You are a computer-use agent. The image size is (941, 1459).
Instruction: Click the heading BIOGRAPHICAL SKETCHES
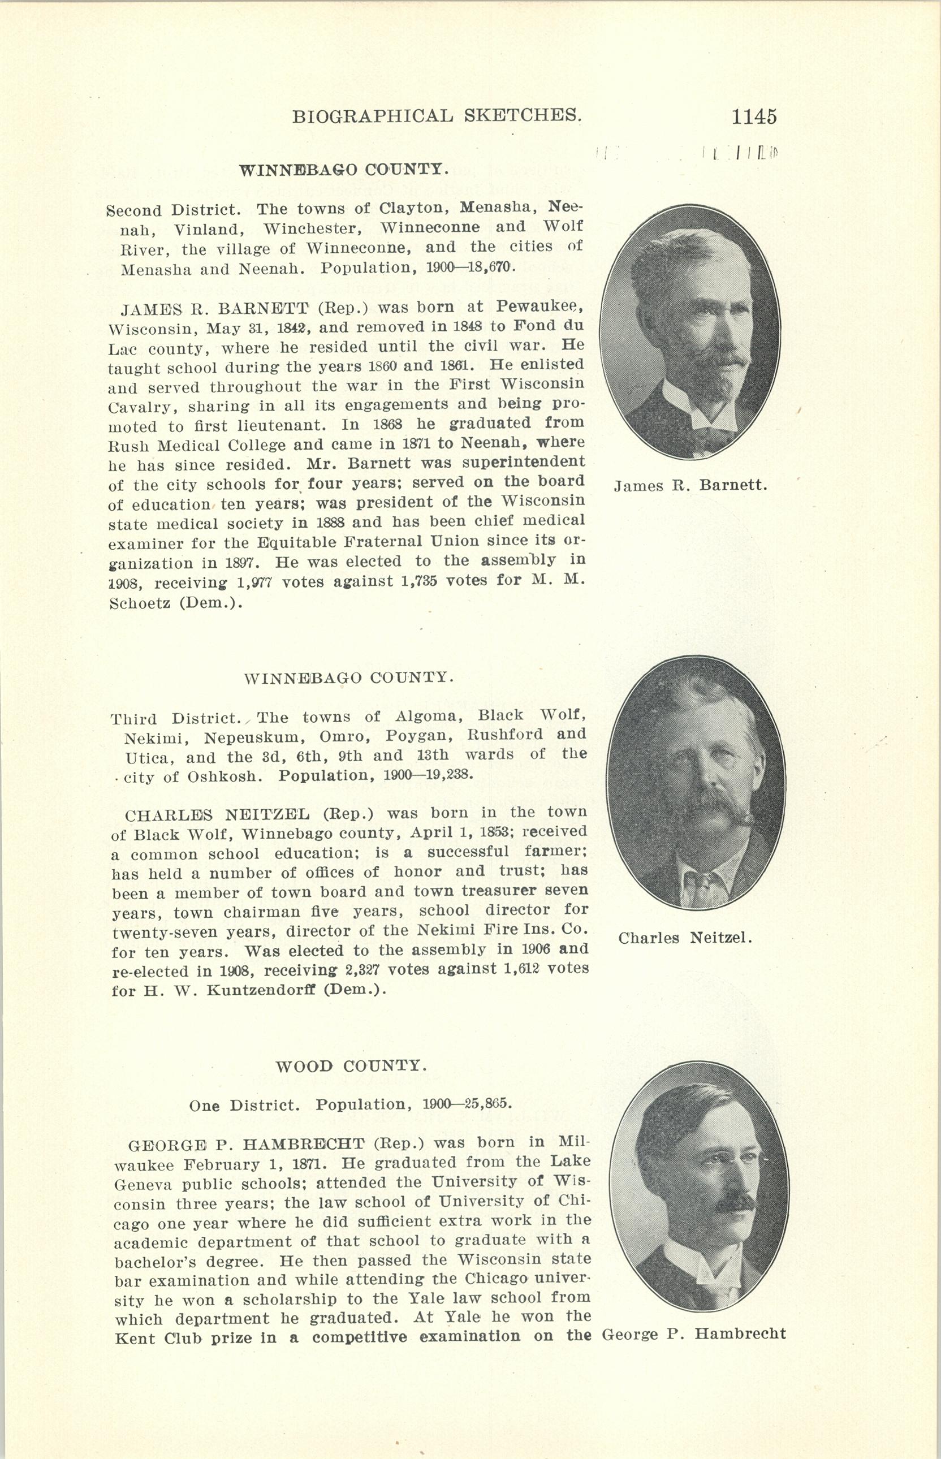pyautogui.click(x=436, y=115)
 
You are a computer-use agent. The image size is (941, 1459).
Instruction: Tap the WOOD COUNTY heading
pyautogui.click(x=351, y=1066)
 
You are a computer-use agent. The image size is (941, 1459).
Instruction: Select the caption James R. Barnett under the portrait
pyautogui.click(x=690, y=486)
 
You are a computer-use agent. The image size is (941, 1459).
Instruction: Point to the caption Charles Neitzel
pyautogui.click(x=685, y=937)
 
